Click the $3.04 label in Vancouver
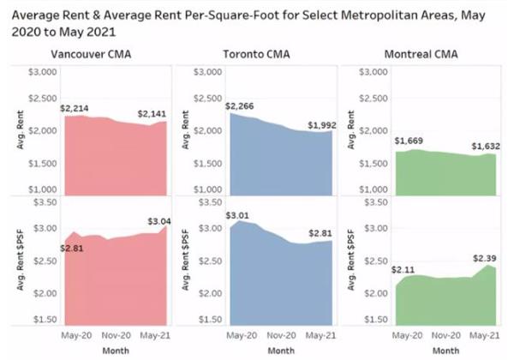pos(170,222)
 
